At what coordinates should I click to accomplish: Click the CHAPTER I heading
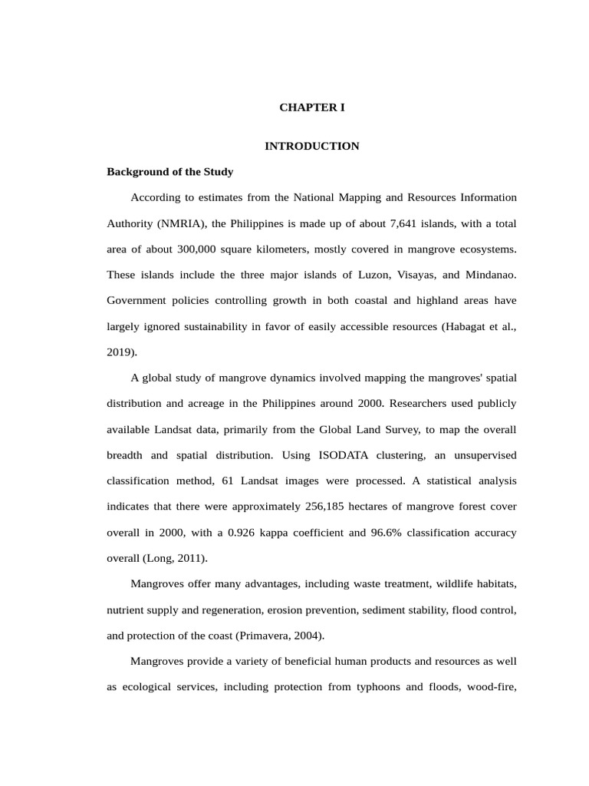pos(311,107)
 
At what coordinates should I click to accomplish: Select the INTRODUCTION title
pos(311,146)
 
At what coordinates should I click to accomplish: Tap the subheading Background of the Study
pos(169,172)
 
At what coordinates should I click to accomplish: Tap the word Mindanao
pos(492,276)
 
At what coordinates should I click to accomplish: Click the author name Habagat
pos(469,327)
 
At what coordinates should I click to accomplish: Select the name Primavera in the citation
pos(260,636)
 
